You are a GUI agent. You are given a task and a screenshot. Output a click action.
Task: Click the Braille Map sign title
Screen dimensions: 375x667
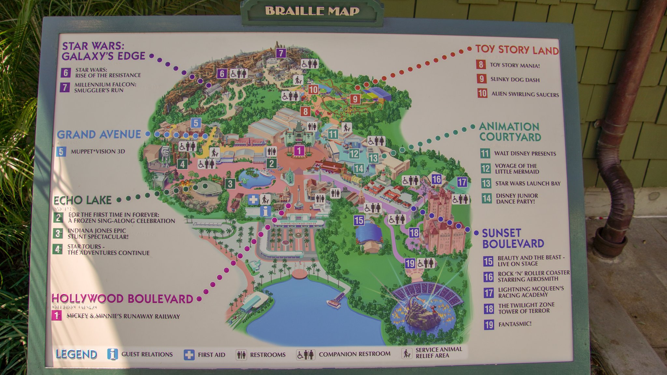pyautogui.click(x=312, y=11)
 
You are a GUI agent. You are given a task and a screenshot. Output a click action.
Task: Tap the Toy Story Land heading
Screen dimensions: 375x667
pyautogui.click(x=517, y=50)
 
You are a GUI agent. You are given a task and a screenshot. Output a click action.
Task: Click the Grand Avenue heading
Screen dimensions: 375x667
pyautogui.click(x=99, y=134)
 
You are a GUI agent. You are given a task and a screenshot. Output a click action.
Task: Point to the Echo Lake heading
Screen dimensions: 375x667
pyautogui.click(x=82, y=200)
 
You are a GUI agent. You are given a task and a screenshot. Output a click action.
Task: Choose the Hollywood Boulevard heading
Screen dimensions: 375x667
pyautogui.click(x=122, y=299)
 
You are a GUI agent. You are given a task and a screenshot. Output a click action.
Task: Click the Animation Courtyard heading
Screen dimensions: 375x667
pyautogui.click(x=510, y=132)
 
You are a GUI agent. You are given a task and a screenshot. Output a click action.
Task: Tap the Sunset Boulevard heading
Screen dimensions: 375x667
pyautogui.click(x=513, y=238)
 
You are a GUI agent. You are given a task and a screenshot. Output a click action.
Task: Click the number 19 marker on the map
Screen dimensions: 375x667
pyautogui.click(x=410, y=263)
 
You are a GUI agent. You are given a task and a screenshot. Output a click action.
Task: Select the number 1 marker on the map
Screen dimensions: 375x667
pyautogui.click(x=299, y=151)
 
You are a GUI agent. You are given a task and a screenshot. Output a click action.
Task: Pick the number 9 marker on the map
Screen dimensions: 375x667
pyautogui.click(x=355, y=99)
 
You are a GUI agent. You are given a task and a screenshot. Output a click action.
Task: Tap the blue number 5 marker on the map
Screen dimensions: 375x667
pyautogui.click(x=196, y=123)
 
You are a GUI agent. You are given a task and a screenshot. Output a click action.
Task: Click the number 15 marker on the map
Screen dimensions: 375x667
pyautogui.click(x=359, y=220)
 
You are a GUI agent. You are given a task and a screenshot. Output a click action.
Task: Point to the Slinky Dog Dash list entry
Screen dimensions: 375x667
pyautogui.click(x=515, y=79)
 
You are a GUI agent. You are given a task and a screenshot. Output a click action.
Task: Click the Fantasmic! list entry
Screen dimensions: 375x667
pyautogui.click(x=515, y=324)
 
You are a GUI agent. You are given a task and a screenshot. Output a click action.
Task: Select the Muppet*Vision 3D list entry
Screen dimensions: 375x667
pyautogui.click(x=98, y=151)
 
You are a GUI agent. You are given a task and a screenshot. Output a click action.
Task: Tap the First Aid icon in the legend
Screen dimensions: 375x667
pyautogui.click(x=189, y=354)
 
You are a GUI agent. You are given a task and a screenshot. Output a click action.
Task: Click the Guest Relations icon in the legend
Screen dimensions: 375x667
pyautogui.click(x=112, y=354)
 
